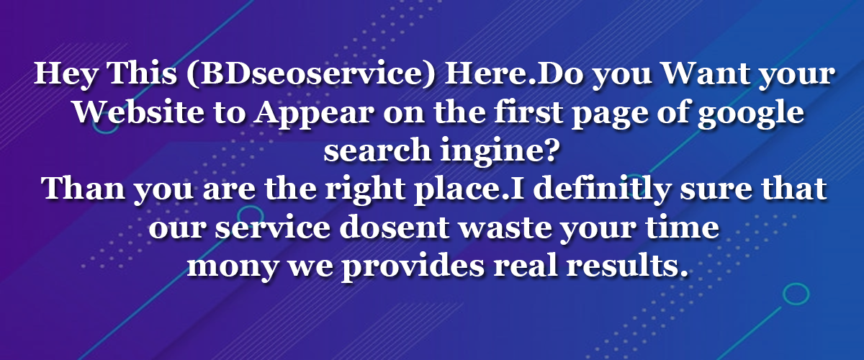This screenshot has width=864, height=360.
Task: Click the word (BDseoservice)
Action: point(310,73)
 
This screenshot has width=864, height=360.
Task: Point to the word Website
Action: point(139,112)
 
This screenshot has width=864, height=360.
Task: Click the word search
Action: point(377,150)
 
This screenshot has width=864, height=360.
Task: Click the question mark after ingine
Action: point(549,150)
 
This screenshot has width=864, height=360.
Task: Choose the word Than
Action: point(83,189)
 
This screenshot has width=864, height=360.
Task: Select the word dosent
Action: point(395,227)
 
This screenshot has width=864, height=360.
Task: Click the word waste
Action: point(505,228)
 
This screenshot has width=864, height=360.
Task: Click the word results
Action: point(627,266)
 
